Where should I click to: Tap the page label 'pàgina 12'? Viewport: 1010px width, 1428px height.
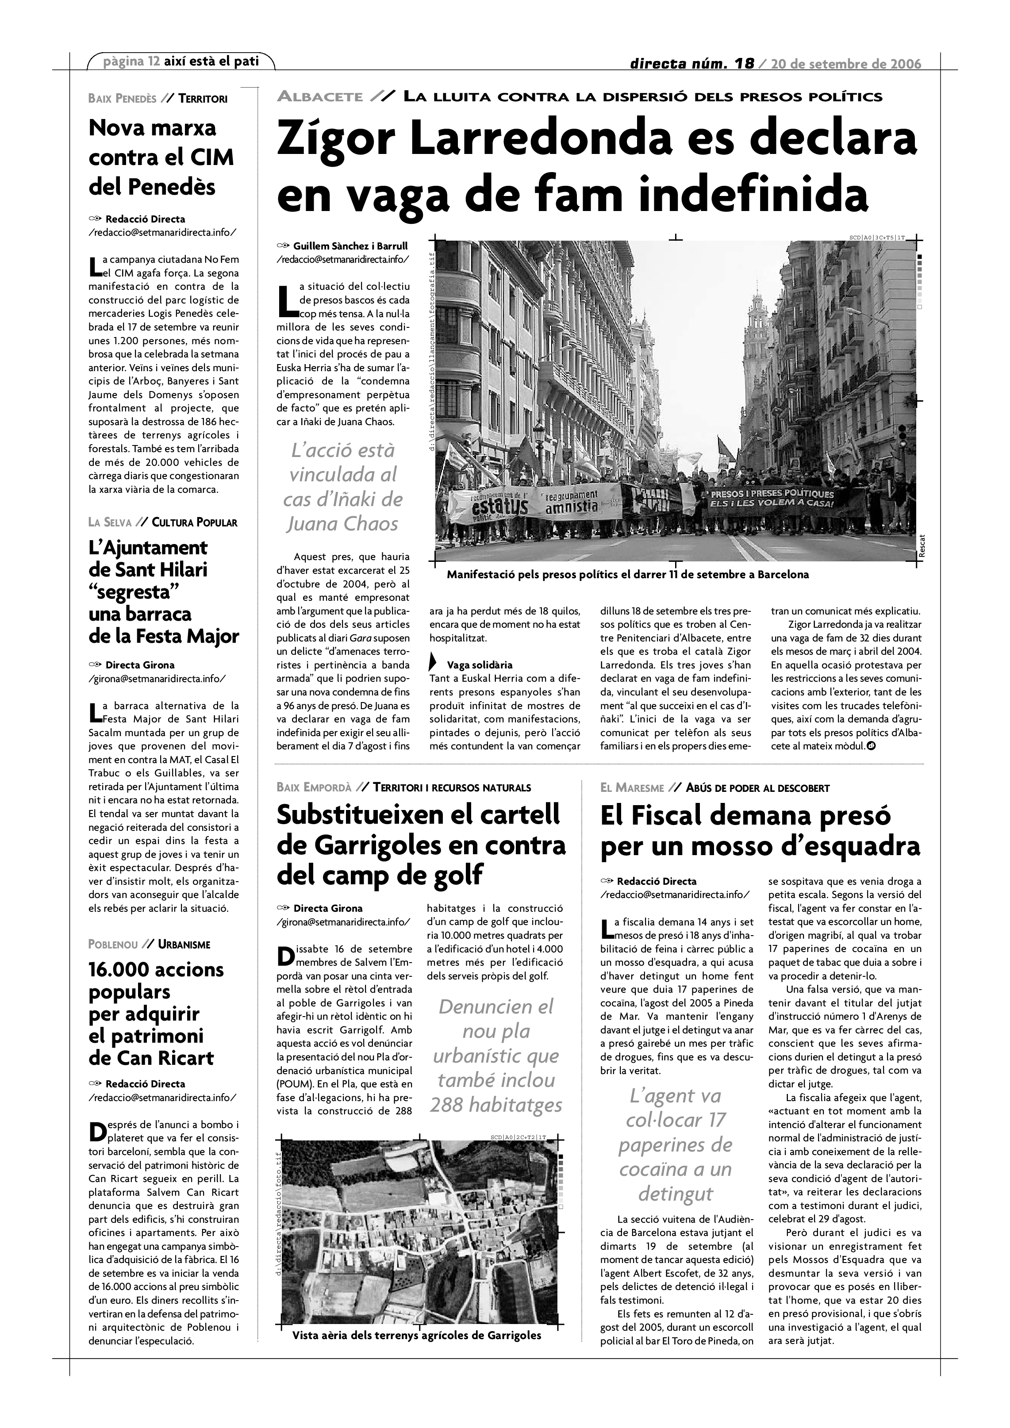click(x=131, y=61)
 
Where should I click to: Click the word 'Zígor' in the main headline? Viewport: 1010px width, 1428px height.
click(x=334, y=139)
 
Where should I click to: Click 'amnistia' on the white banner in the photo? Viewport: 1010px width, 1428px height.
click(x=572, y=507)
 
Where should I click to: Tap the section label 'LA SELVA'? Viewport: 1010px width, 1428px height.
click(x=110, y=522)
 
